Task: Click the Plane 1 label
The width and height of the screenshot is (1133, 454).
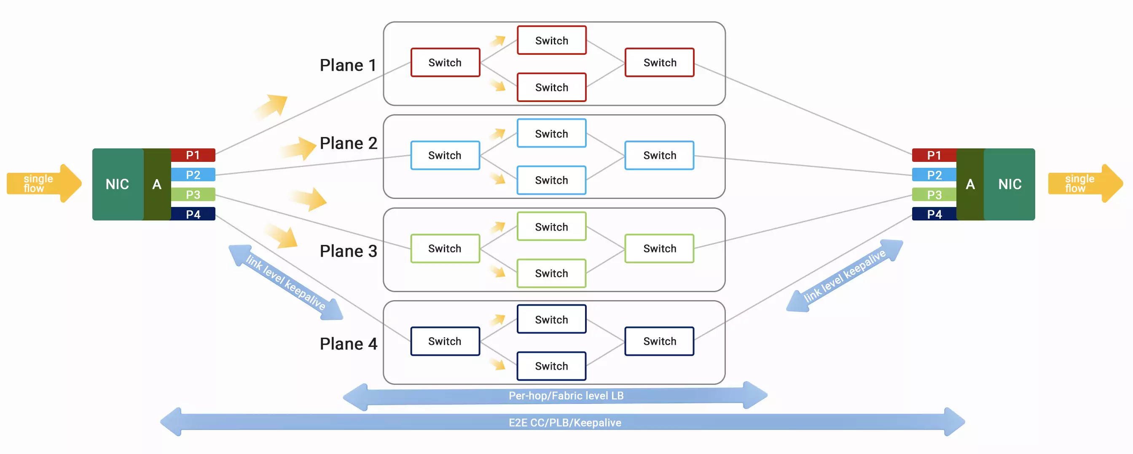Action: (x=348, y=65)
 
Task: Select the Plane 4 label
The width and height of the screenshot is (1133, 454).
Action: (x=348, y=344)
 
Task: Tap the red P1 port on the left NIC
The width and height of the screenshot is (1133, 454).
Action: (x=193, y=155)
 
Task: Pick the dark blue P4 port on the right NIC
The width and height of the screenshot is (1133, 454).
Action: (x=934, y=214)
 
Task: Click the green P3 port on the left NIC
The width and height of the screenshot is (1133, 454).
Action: (x=193, y=194)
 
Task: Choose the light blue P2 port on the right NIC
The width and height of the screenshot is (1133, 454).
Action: (x=934, y=175)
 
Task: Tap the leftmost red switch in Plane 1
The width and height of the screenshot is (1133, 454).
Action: (x=445, y=62)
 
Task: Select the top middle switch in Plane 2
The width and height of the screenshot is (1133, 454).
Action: (x=552, y=133)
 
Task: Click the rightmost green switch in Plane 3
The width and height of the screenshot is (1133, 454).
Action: (x=659, y=249)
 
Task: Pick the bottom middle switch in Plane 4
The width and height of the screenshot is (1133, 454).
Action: (x=552, y=366)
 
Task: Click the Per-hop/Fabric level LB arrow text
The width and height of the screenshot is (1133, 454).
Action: (x=566, y=395)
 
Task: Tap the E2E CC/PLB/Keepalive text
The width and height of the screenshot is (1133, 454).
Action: (x=565, y=422)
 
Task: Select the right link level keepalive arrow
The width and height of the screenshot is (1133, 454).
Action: (x=844, y=276)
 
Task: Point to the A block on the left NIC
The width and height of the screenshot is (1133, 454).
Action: (x=157, y=184)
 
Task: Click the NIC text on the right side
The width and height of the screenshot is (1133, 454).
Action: (x=1009, y=184)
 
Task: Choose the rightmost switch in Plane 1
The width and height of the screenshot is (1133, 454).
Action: (x=659, y=62)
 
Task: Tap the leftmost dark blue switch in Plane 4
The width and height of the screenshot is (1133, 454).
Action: (x=445, y=341)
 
